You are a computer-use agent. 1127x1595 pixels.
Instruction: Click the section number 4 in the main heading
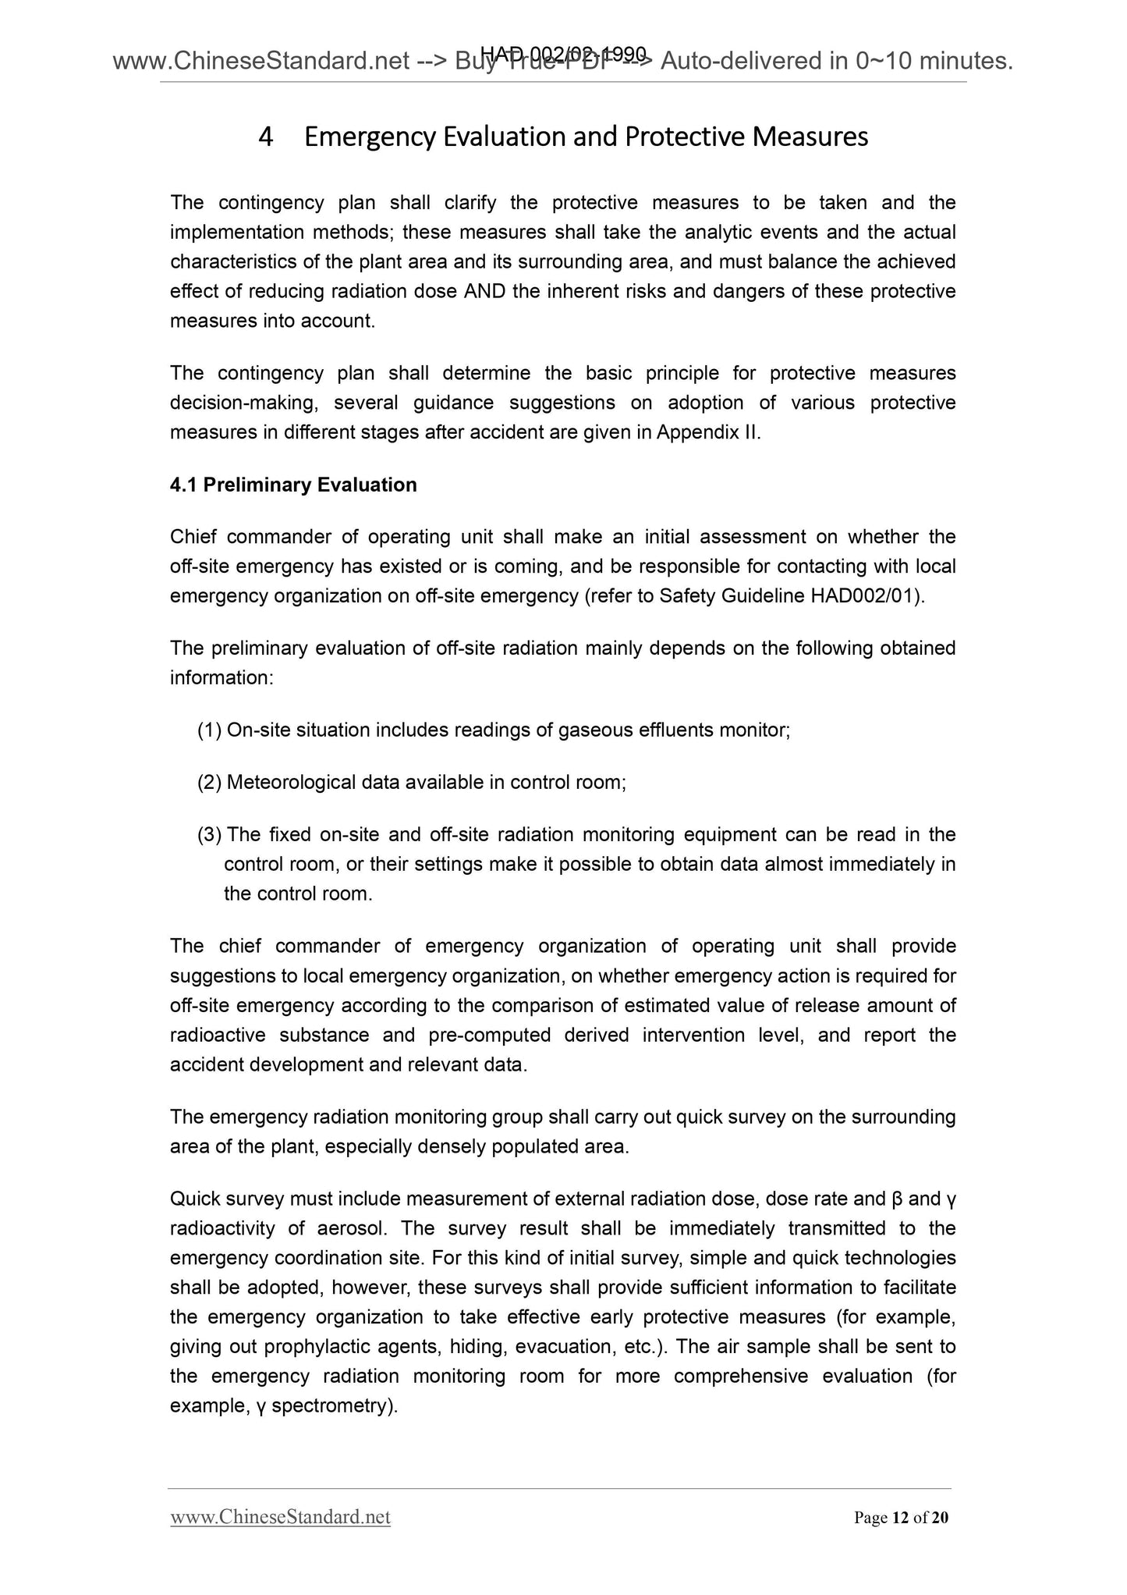[x=266, y=137]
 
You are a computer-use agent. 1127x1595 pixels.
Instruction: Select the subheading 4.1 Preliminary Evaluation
[x=293, y=485]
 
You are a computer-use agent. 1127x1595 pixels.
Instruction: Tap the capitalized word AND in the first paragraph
[x=484, y=291]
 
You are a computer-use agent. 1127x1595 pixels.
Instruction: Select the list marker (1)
[x=210, y=730]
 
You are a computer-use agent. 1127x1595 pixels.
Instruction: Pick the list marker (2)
[x=210, y=782]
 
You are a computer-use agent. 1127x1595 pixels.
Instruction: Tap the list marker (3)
[x=210, y=835]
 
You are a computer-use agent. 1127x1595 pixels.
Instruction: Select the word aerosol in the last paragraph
[x=353, y=1228]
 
